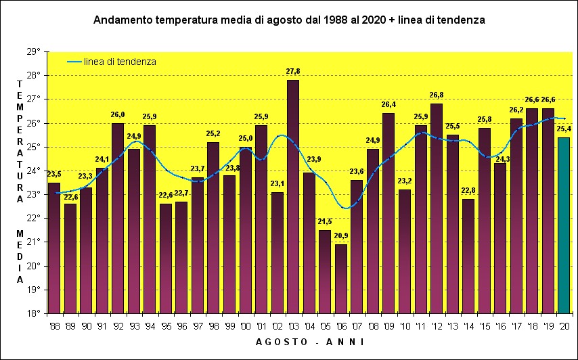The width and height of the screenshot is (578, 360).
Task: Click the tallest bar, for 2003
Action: point(293,196)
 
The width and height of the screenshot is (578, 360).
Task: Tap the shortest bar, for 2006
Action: point(340,278)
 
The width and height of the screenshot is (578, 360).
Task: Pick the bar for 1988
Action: point(54,248)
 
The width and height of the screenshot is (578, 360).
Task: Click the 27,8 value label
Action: point(293,71)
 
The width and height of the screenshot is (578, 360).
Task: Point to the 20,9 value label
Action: point(340,235)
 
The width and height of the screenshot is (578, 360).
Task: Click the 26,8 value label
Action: point(437,95)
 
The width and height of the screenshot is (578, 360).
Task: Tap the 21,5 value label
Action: point(325,221)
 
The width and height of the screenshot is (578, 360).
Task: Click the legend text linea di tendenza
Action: point(120,62)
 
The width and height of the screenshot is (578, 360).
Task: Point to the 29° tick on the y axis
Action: point(34,51)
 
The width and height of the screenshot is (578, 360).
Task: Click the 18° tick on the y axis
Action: point(34,313)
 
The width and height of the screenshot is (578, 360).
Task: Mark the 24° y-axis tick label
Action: point(34,171)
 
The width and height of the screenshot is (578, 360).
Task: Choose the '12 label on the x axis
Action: point(437,325)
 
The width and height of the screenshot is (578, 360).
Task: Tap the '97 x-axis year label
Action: point(197,325)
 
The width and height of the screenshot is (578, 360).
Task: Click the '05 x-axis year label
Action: point(325,325)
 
